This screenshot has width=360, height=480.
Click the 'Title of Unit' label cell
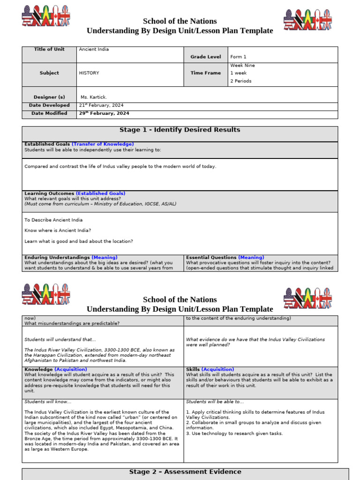[49, 49]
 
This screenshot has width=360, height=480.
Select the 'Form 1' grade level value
[238, 57]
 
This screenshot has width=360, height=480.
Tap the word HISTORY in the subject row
[89, 73]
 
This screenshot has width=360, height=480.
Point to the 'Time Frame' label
[205, 73]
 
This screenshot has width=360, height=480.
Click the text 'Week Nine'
[242, 66]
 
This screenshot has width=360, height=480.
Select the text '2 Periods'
[240, 81]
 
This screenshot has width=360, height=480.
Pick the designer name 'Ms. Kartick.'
[94, 97]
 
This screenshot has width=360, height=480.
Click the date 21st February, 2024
[101, 105]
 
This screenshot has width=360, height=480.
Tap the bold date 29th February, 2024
[104, 113]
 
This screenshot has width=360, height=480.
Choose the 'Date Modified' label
[49, 113]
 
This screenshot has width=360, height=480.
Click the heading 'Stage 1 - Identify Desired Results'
[180, 130]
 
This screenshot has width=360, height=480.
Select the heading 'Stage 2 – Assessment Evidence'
[185, 472]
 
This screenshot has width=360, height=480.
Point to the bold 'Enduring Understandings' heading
[57, 257]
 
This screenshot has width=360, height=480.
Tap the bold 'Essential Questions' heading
[211, 257]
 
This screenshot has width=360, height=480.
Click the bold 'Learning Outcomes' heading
[49, 193]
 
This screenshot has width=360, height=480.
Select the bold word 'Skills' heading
[193, 369]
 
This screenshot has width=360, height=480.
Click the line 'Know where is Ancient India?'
[58, 231]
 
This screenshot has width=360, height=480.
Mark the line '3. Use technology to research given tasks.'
[234, 434]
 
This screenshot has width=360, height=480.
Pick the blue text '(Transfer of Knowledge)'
[103, 144]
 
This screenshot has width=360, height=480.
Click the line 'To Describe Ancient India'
[53, 220]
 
